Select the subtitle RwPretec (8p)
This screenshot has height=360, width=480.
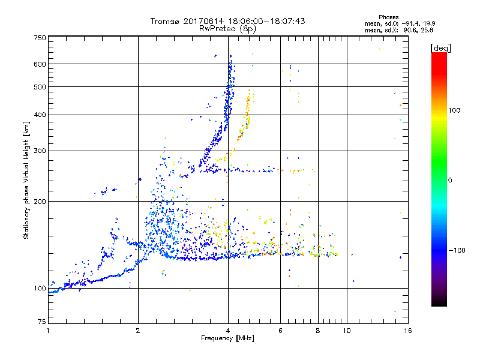(x=228, y=28)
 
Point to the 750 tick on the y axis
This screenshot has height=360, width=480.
(x=40, y=37)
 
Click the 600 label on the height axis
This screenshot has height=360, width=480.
(x=40, y=64)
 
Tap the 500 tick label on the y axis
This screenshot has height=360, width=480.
(x=40, y=87)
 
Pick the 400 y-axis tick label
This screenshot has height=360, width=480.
(x=40, y=115)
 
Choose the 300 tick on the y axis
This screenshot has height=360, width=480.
(x=40, y=151)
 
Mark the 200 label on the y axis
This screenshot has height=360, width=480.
(x=40, y=201)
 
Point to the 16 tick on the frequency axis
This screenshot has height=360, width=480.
(x=407, y=330)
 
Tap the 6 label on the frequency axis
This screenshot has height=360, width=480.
(x=281, y=330)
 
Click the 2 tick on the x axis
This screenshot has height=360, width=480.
(x=138, y=330)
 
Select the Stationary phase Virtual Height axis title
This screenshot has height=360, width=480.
(x=26, y=180)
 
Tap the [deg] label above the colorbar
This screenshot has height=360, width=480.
(x=440, y=47)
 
